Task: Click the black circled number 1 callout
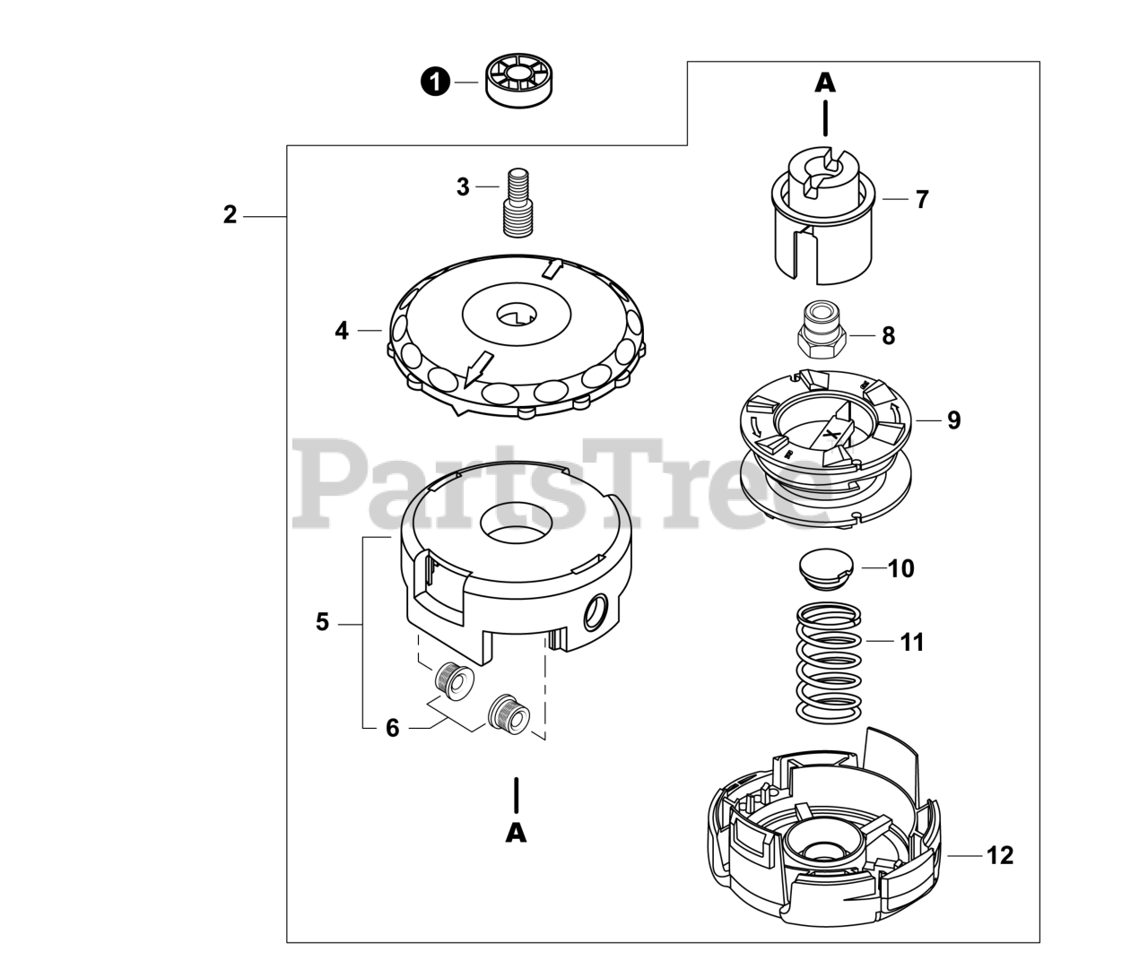pos(435,82)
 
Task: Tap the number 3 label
pos(463,187)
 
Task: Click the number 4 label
pos(342,331)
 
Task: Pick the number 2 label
pos(230,215)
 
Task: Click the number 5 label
pos(323,622)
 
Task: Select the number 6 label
pos(392,728)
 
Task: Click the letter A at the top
pos(825,82)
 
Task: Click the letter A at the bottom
pos(516,833)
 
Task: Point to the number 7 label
pos(922,199)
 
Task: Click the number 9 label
pos(953,420)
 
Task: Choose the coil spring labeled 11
pos(829,662)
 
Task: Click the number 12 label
pos(1000,855)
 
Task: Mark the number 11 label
pos(912,642)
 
